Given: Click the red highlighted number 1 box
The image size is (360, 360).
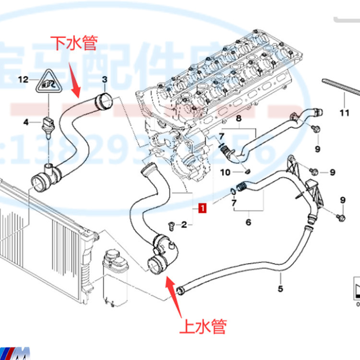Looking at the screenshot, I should pyautogui.click(x=203, y=208).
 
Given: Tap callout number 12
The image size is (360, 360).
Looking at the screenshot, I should pyautogui.click(x=24, y=80).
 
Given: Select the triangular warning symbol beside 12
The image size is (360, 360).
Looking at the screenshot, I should pyautogui.click(x=48, y=83).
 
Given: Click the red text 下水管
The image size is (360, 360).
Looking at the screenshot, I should pyautogui.click(x=74, y=44).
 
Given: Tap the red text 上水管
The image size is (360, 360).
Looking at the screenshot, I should pyautogui.click(x=203, y=327).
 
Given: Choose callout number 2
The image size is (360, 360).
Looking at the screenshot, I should pyautogui.click(x=184, y=224).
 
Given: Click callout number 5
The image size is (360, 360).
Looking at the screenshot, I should pyautogui.click(x=281, y=288).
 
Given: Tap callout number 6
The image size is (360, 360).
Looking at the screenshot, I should pyautogui.click(x=248, y=222).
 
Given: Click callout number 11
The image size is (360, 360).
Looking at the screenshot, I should pyautogui.click(x=344, y=113).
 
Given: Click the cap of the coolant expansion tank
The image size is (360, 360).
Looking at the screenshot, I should pyautogui.click(x=113, y=255).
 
